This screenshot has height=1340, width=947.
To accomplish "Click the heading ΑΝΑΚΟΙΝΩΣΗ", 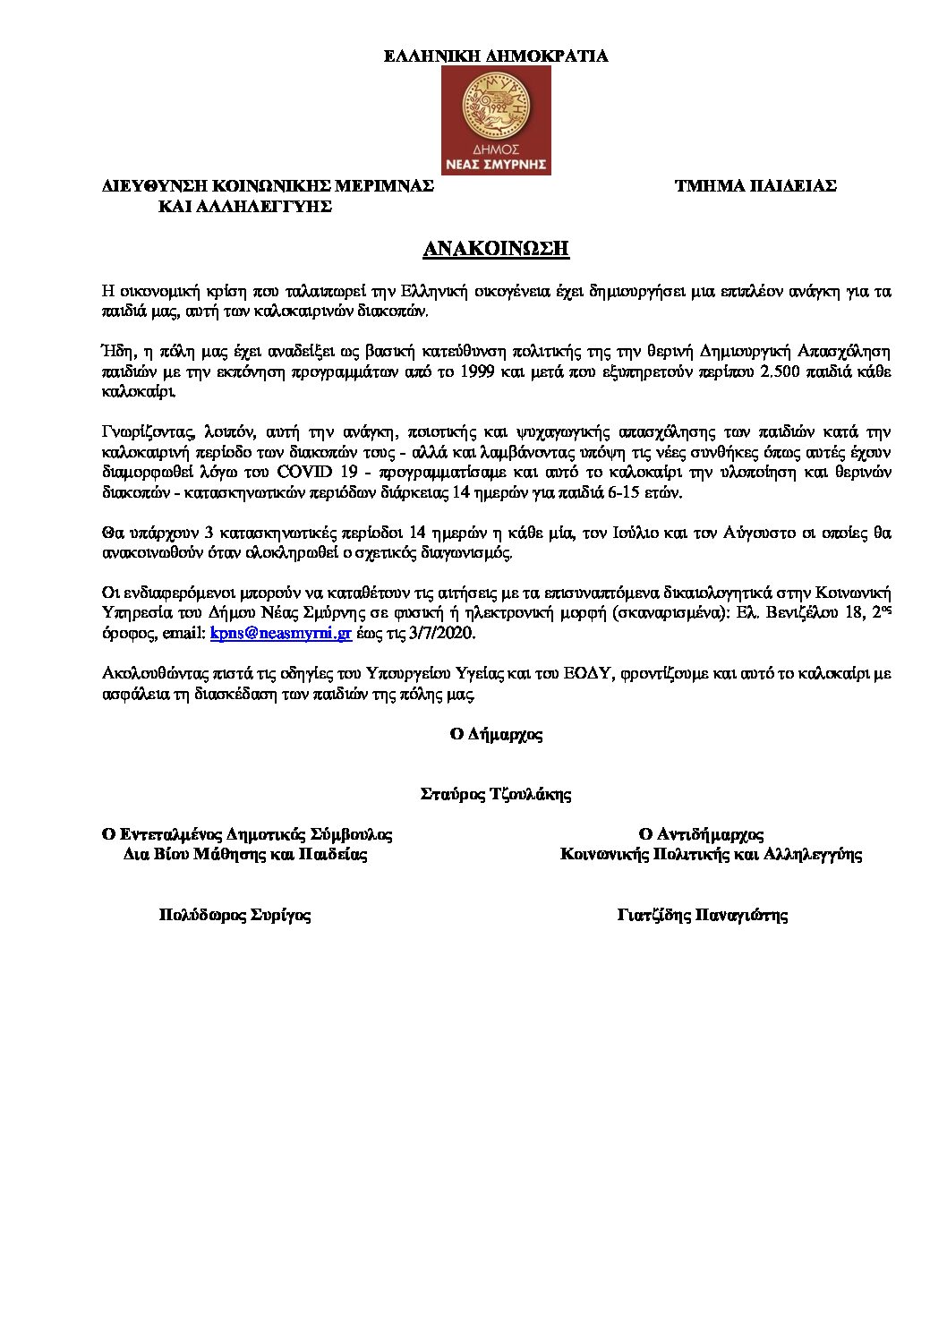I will [496, 249].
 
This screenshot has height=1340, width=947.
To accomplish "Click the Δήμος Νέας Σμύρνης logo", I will [498, 120].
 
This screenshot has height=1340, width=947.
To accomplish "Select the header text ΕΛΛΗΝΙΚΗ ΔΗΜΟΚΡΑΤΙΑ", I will [496, 56].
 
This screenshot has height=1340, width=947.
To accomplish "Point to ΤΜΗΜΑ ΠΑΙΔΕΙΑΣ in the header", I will [755, 186].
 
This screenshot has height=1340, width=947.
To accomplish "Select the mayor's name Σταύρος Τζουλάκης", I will [496, 794].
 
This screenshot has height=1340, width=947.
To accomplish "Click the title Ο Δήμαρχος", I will [496, 734].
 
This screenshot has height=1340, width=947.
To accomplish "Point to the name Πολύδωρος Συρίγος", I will [235, 915].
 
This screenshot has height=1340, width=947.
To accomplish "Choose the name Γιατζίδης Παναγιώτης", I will [703, 915].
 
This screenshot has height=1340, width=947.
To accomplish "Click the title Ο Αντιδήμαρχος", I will [701, 834].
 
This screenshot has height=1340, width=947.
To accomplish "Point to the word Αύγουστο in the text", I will [724, 533].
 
